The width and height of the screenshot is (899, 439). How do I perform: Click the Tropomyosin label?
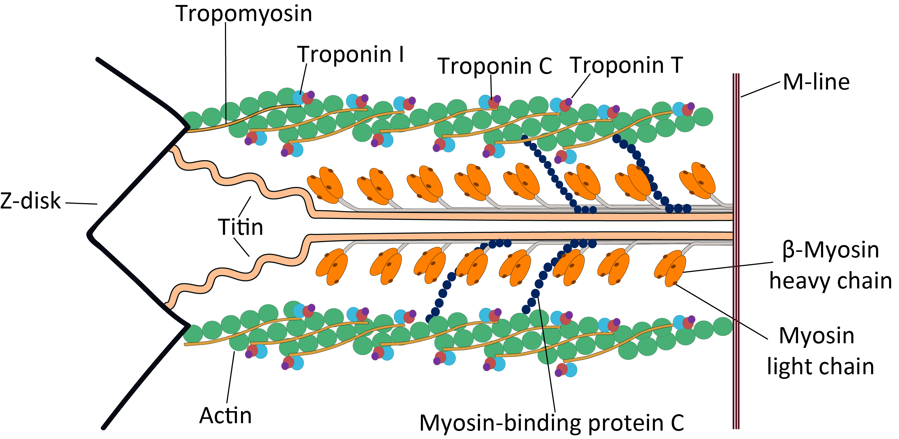244,14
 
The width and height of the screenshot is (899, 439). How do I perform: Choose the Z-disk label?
30,201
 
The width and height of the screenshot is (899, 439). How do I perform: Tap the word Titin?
240,227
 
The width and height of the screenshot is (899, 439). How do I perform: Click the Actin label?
225,415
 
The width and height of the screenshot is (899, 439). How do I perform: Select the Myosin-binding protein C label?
552,423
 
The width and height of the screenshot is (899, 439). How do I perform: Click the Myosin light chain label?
820,351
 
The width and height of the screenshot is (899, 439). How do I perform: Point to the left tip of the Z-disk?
88,234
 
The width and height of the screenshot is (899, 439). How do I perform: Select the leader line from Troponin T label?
581,86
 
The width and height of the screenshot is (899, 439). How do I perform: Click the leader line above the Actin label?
231,377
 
